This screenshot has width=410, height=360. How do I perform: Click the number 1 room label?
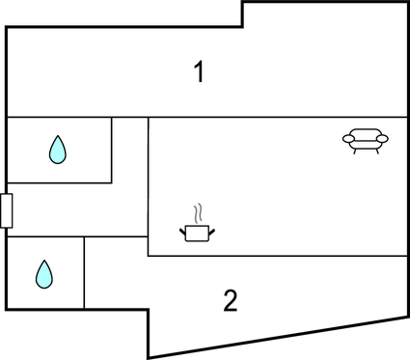pos(199,72)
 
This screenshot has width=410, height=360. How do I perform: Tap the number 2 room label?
pos(230,301)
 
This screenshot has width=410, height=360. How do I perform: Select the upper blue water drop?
pos(58,149)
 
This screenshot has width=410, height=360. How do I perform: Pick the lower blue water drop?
pos(44,274)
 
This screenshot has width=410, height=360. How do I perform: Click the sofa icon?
pos(366,141)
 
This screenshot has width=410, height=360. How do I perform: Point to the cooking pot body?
pos(197,233)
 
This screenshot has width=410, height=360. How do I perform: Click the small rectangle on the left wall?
pos(6,210)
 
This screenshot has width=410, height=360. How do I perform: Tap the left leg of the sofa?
pos(355,151)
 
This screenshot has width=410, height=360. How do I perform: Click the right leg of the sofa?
pos(376,151)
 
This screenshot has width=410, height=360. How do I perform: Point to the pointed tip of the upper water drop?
pos(58,137)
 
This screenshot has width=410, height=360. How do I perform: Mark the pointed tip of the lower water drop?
pos(44,262)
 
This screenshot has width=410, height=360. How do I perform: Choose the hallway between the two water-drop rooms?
pos(77,209)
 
